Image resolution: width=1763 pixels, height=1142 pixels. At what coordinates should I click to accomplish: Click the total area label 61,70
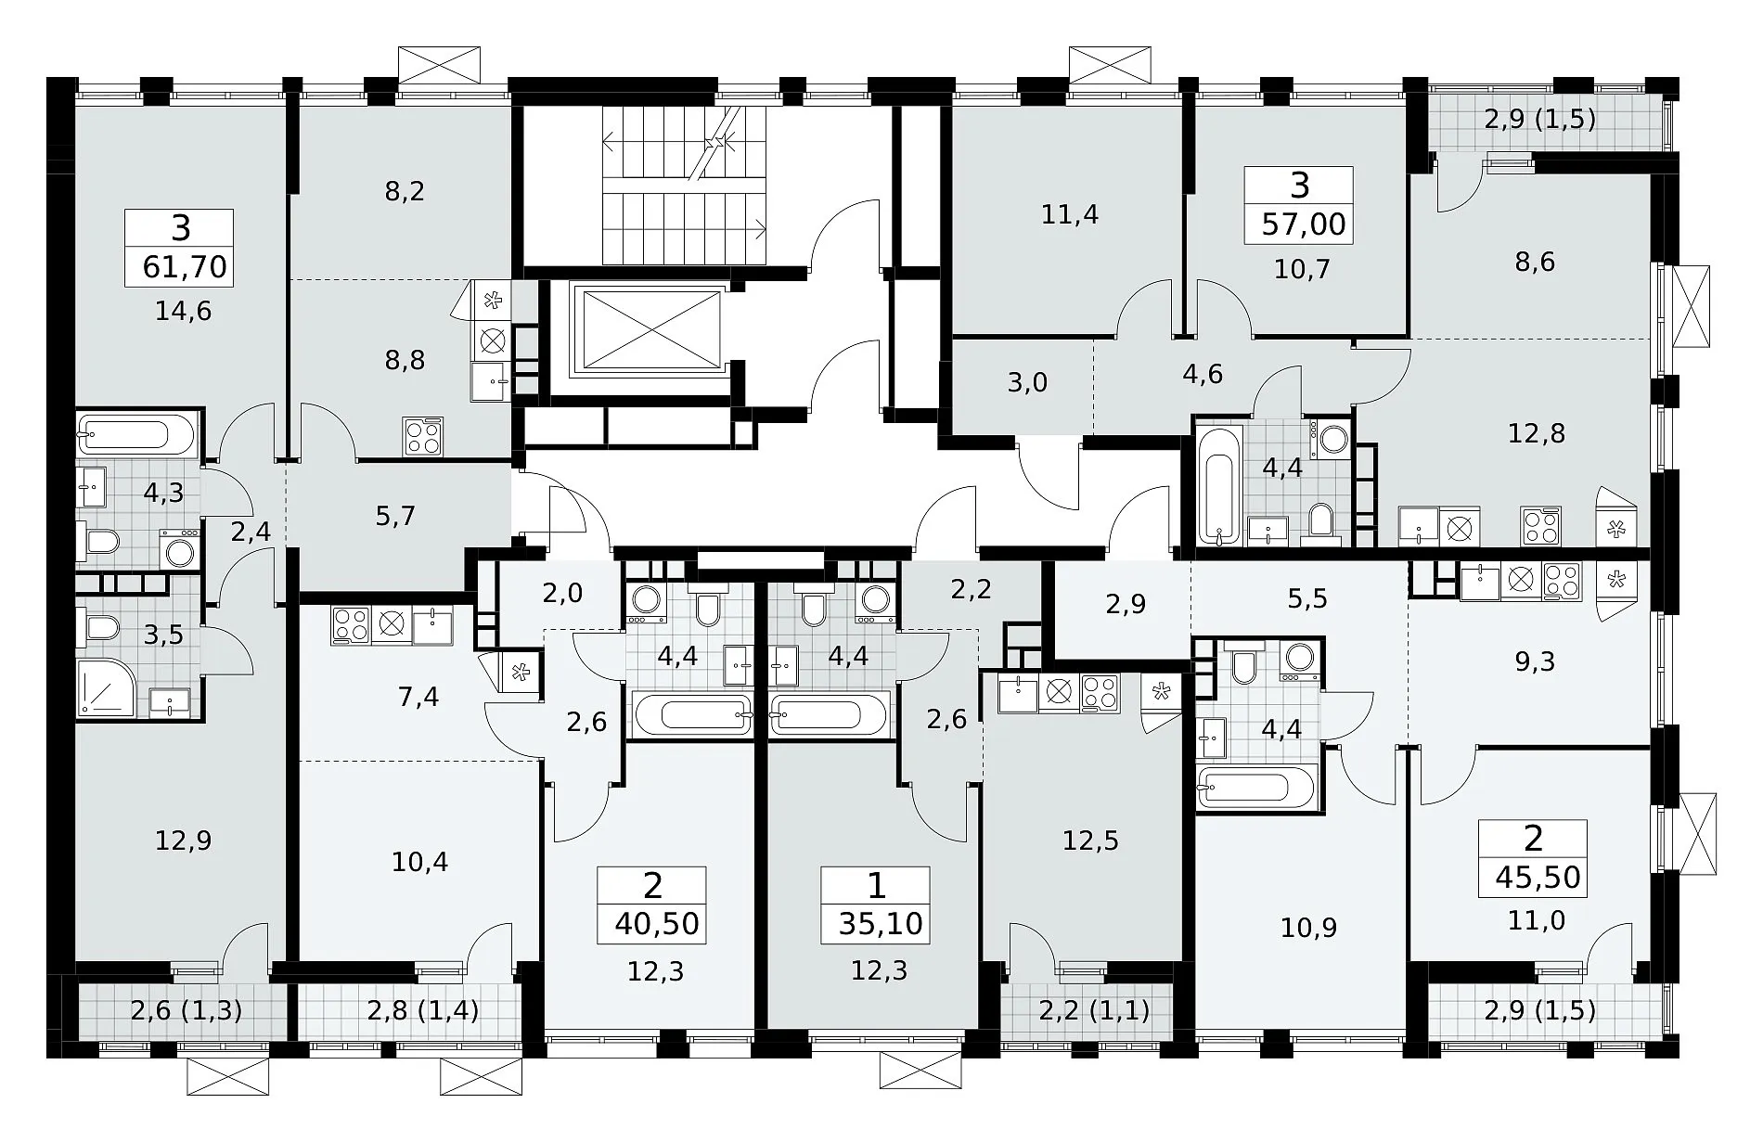(x=185, y=267)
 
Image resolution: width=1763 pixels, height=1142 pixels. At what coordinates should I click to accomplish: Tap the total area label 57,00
(x=1304, y=225)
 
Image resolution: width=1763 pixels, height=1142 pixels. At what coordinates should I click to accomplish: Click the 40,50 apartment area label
(x=656, y=924)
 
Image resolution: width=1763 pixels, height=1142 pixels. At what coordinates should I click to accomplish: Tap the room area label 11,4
(x=1070, y=214)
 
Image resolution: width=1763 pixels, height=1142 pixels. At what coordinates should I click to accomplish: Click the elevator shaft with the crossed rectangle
(x=647, y=328)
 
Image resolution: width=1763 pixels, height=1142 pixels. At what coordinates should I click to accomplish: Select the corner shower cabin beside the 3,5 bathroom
(x=107, y=687)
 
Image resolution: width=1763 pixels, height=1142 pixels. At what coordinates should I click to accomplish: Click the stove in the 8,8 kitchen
(x=423, y=436)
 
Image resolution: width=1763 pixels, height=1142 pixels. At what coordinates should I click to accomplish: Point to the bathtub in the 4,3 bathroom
(x=136, y=434)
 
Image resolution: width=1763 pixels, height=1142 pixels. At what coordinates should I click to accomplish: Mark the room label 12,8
(x=1537, y=433)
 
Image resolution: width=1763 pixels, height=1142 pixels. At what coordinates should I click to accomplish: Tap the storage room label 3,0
(x=1027, y=382)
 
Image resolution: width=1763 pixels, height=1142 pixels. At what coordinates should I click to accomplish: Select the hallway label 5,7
(x=395, y=516)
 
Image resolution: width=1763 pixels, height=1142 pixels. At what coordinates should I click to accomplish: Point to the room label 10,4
(x=419, y=863)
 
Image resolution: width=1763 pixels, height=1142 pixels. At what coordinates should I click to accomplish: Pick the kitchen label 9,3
(x=1536, y=661)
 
